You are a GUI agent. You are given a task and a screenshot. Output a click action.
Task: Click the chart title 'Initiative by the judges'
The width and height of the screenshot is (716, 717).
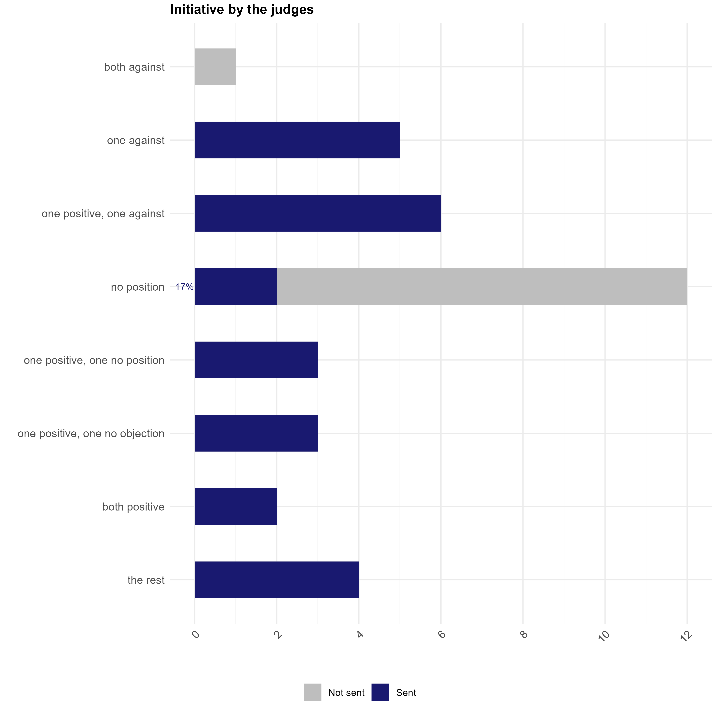pos(242,10)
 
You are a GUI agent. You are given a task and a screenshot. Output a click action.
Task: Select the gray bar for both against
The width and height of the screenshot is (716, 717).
pos(215,67)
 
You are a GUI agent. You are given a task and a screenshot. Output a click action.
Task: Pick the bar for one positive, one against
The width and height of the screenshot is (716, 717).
pos(317,213)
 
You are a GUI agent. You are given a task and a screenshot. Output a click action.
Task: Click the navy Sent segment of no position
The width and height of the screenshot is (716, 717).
pos(236,287)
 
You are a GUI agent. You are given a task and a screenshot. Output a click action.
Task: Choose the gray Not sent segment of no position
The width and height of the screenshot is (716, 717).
pos(482,287)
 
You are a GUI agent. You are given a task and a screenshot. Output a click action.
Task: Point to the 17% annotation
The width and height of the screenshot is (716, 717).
pos(184,287)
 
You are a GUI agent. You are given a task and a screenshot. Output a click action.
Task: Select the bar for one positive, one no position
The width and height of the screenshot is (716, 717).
pos(256,360)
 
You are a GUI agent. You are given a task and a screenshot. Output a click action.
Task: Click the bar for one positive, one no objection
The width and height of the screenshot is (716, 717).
pos(256,433)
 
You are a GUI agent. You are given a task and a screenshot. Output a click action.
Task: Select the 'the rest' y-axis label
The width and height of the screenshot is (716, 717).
pos(146,580)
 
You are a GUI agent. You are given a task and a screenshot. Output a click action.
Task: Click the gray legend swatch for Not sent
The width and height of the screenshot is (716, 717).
pos(312,693)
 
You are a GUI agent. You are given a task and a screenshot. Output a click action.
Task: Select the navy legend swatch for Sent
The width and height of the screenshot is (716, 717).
pos(380,693)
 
